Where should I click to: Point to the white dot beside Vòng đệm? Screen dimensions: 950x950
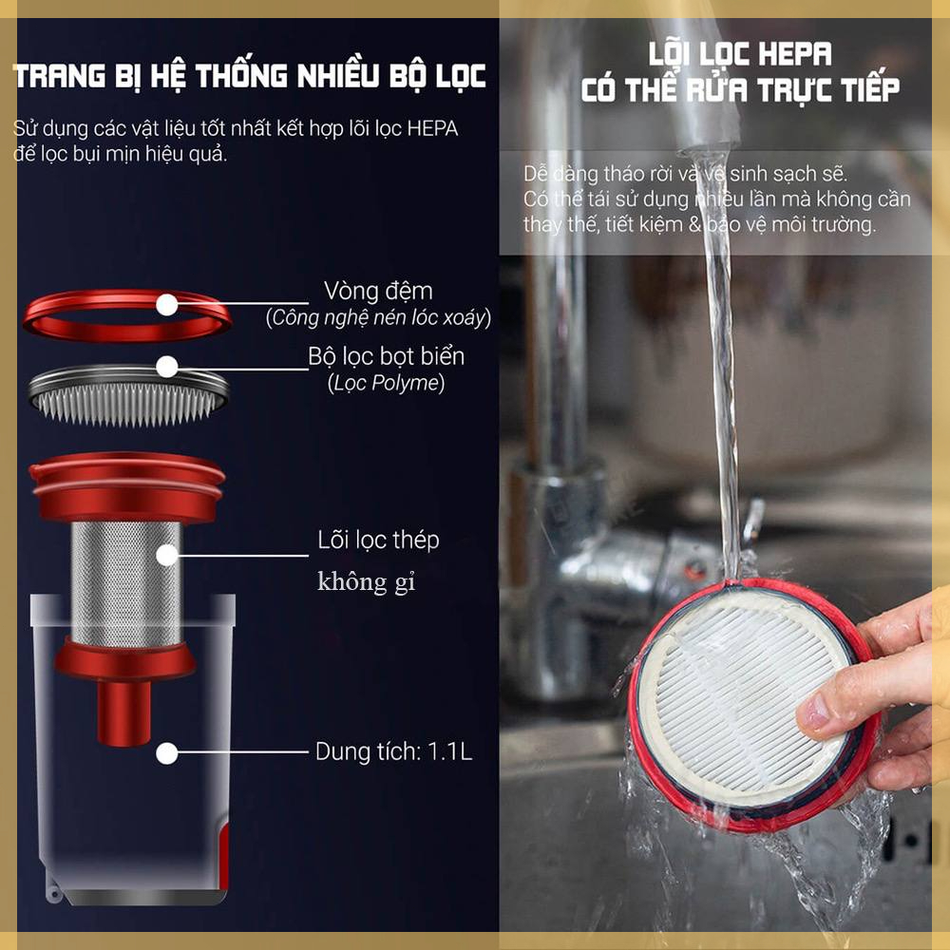168,305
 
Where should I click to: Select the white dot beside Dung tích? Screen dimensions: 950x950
168,754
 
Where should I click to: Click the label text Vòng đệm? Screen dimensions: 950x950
377,290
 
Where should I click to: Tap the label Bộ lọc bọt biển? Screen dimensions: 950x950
387,356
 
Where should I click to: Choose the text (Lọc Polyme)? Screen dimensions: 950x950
387,384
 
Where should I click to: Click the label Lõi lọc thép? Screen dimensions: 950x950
378,541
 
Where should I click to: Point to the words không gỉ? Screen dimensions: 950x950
366,582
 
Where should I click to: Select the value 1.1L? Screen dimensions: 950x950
449,752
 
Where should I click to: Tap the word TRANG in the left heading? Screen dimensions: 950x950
62,76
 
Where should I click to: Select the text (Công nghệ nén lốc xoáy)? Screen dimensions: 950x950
379,318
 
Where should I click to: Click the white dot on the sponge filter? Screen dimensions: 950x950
168,367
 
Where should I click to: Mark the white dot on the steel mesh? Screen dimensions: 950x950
168,555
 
